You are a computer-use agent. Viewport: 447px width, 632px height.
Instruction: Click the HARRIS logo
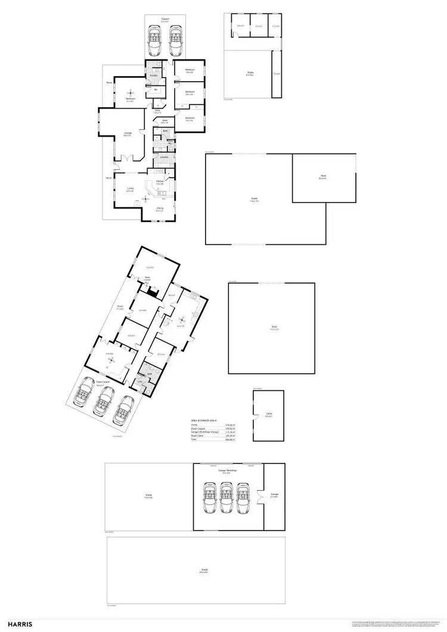point(19,624)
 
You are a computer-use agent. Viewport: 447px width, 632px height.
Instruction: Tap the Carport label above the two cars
point(165,18)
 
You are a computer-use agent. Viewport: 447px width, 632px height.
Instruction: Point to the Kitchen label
point(160,181)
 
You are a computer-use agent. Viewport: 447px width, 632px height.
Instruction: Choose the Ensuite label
point(153,75)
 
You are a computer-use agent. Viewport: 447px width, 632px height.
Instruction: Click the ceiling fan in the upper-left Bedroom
point(130,94)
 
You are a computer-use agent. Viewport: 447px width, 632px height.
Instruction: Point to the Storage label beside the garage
point(274,494)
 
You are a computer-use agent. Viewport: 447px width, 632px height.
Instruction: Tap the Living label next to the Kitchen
point(129,188)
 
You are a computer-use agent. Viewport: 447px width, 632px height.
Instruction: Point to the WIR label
point(155,89)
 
